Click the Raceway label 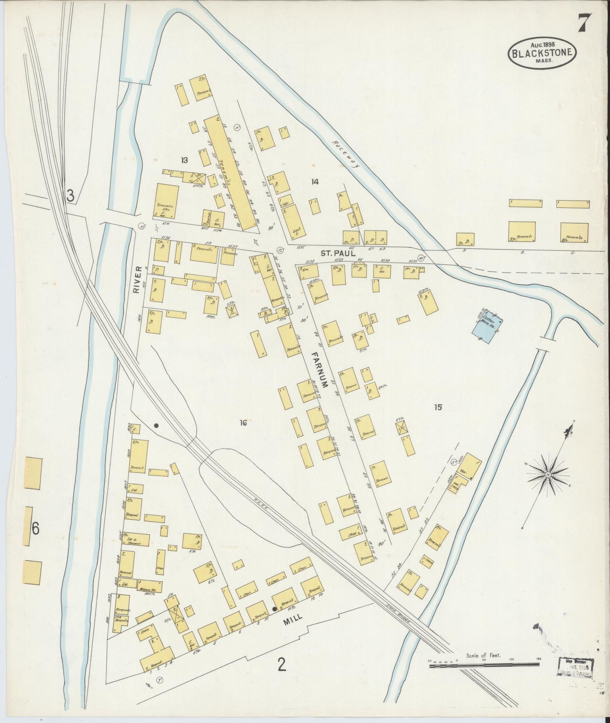(344, 154)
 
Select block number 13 (184, 160)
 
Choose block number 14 (314, 182)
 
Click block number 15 (438, 407)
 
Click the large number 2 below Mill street (282, 665)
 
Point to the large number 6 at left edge (35, 528)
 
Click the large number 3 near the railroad (70, 195)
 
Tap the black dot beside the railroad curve (156, 426)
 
